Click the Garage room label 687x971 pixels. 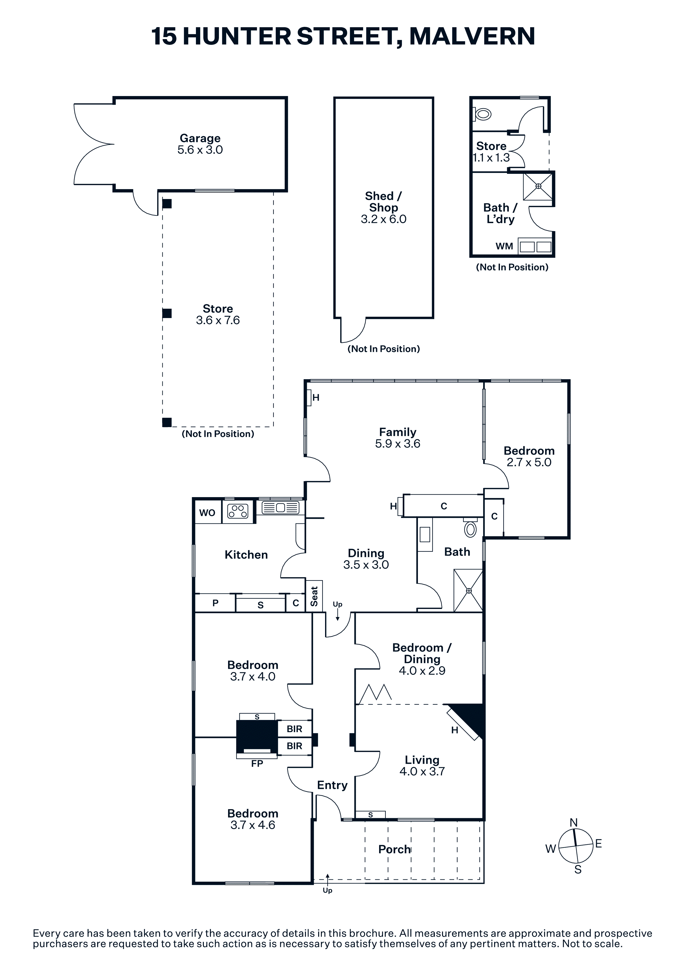200,138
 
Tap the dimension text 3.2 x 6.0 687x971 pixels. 384,219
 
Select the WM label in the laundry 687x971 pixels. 504,246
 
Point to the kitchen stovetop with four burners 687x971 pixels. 238,511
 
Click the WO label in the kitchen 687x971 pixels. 207,513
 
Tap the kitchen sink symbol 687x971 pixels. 280,507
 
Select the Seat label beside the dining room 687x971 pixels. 314,596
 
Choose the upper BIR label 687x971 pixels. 294,729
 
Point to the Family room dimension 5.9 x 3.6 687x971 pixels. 397,444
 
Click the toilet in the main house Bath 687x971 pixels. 470,527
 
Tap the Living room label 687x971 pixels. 422,760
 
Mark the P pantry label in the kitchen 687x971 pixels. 215,603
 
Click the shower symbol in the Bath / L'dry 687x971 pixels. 538,186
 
